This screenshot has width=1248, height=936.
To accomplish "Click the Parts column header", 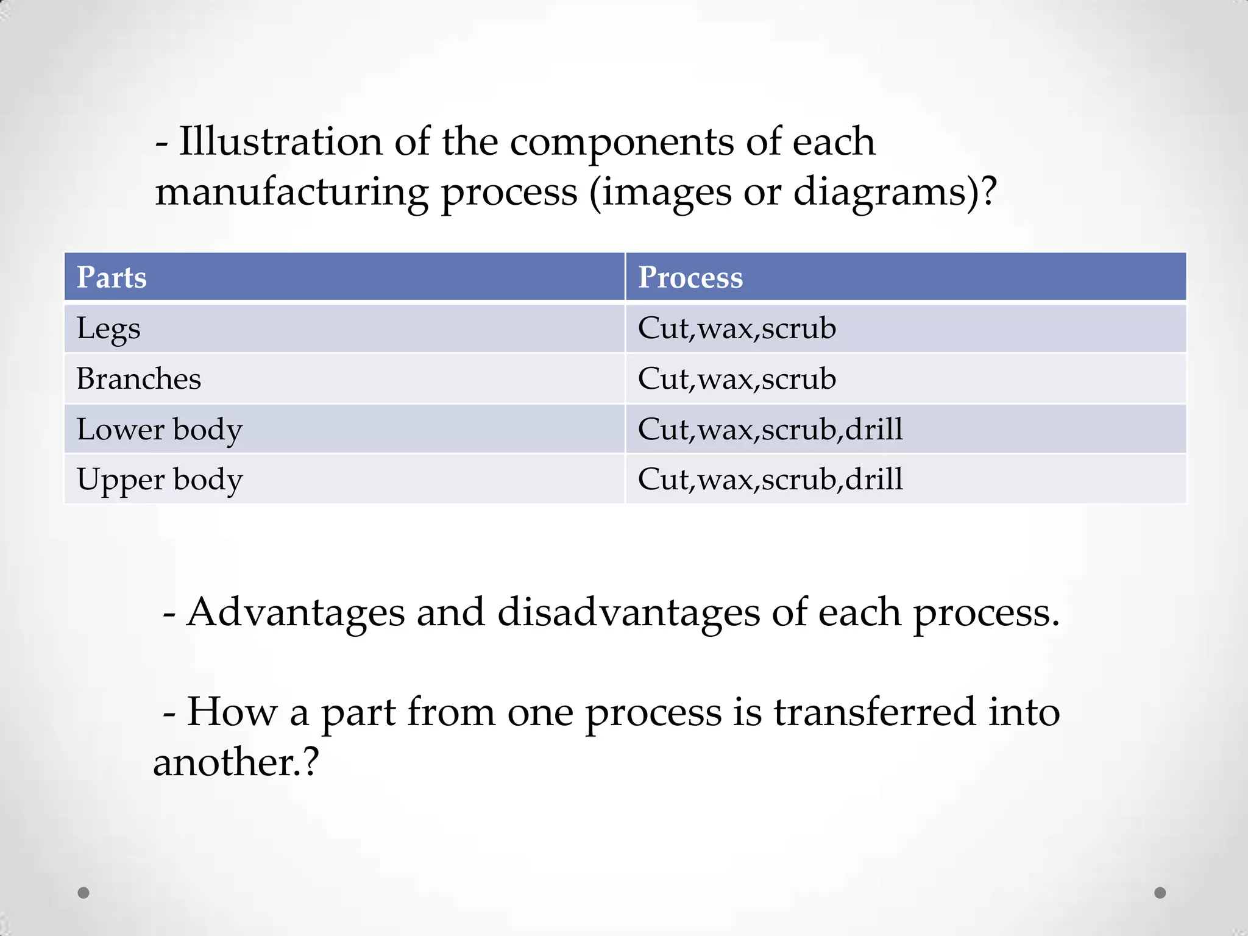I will click(x=112, y=277).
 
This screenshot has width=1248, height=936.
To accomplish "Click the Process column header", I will click(x=690, y=277).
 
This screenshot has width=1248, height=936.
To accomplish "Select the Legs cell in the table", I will click(x=108, y=328).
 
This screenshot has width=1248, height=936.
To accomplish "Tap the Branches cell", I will click(x=139, y=378).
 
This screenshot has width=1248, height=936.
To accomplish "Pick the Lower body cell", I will click(x=160, y=429).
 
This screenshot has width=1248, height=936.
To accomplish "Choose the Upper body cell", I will click(x=160, y=480).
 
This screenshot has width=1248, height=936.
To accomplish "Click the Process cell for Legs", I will click(x=737, y=328).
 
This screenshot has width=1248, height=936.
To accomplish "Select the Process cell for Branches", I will click(x=737, y=378).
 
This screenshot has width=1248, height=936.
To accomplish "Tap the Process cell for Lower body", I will click(x=770, y=429).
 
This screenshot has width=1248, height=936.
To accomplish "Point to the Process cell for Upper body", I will click(x=770, y=480).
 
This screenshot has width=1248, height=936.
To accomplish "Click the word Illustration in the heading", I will click(x=281, y=141).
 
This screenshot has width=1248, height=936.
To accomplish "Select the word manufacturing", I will click(x=292, y=192).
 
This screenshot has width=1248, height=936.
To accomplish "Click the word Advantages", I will click(x=296, y=612).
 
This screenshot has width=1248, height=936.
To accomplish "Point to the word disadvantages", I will click(x=629, y=612).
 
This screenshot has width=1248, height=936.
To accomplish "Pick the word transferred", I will click(x=875, y=712).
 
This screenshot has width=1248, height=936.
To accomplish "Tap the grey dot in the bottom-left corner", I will click(x=83, y=893).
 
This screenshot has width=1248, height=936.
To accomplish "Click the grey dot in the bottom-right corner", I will click(x=1160, y=893).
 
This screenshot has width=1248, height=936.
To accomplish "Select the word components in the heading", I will click(x=622, y=141).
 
